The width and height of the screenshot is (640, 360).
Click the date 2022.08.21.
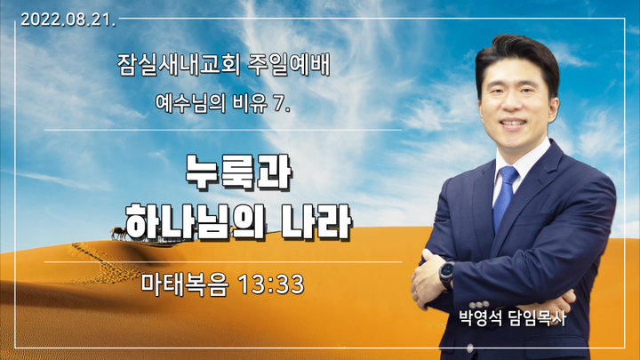68,20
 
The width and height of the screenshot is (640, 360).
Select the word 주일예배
289,65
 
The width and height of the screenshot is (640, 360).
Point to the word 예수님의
190,103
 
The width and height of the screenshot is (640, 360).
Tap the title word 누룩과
238,172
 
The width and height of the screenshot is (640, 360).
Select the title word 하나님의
195,221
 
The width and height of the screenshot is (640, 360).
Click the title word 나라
317,221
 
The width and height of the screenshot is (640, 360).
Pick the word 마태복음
185,284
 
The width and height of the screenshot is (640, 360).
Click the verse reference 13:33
271,284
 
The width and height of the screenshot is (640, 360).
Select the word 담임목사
538,318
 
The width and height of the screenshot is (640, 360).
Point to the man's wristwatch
447,276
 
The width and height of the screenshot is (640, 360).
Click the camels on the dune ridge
118,234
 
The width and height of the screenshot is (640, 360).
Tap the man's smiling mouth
513,123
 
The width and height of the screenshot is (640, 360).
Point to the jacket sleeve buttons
479,305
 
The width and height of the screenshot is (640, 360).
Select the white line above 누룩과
223,130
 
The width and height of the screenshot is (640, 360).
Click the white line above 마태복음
223,261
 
